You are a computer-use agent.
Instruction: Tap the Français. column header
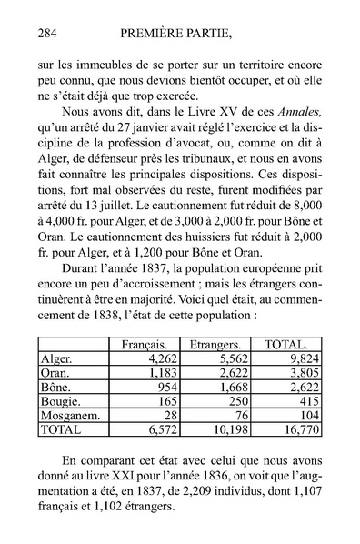[149, 344]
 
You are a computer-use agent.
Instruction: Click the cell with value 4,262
[165, 358]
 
